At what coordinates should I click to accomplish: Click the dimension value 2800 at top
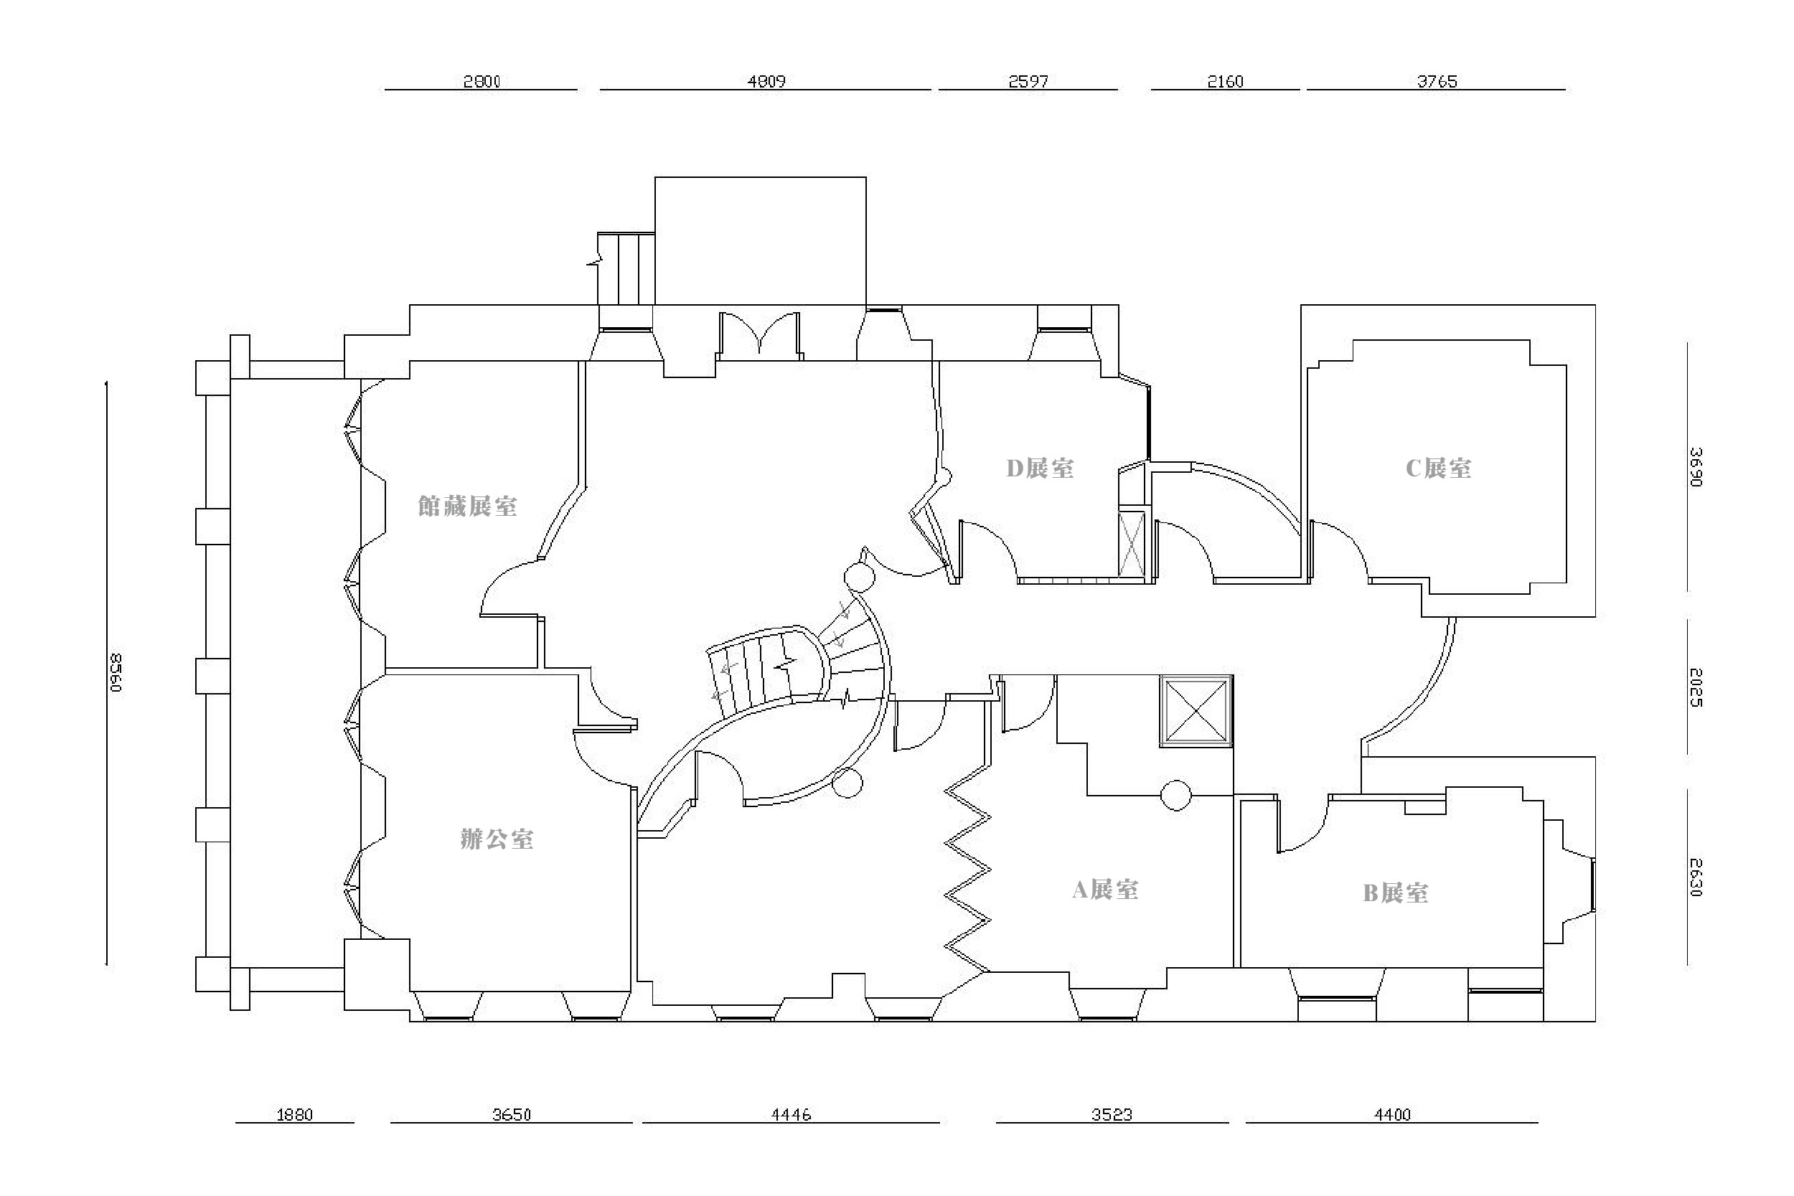482,81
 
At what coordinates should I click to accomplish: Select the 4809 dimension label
766,81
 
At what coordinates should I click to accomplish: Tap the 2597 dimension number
1028,81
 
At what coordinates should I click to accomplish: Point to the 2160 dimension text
1225,81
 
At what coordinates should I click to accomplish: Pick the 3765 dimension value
1437,81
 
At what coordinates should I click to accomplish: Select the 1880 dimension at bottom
294,1114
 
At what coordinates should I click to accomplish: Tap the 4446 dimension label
791,1114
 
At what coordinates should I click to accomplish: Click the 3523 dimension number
1112,1114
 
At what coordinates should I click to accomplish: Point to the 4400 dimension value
1392,1114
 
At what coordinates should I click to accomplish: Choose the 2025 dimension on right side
1695,688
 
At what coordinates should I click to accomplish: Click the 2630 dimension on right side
1695,877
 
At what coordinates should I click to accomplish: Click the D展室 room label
1040,468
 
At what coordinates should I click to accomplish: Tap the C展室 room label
1439,468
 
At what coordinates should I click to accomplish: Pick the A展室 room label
1105,890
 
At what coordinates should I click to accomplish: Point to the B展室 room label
1395,893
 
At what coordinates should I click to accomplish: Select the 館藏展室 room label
468,507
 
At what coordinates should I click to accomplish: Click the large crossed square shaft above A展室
1196,711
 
